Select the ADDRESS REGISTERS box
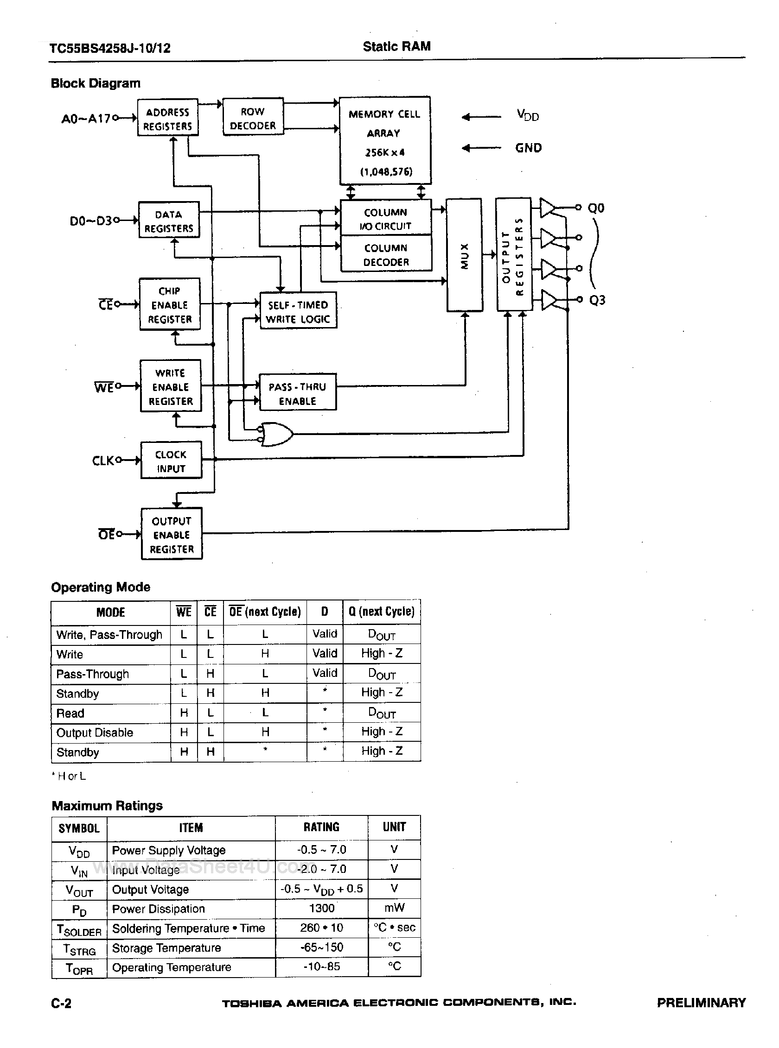[x=168, y=118]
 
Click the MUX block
[x=465, y=255]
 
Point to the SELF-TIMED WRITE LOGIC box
[x=298, y=311]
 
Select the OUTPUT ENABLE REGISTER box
[x=172, y=534]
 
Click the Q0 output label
[x=596, y=208]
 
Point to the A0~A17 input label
[x=86, y=118]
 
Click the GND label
[x=528, y=148]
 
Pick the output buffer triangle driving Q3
[x=549, y=300]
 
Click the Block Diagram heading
[x=96, y=83]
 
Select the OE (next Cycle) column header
[x=265, y=612]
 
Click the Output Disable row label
[x=95, y=733]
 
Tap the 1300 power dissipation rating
[x=322, y=908]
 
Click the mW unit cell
[x=394, y=908]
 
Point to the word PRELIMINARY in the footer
[x=701, y=1003]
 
